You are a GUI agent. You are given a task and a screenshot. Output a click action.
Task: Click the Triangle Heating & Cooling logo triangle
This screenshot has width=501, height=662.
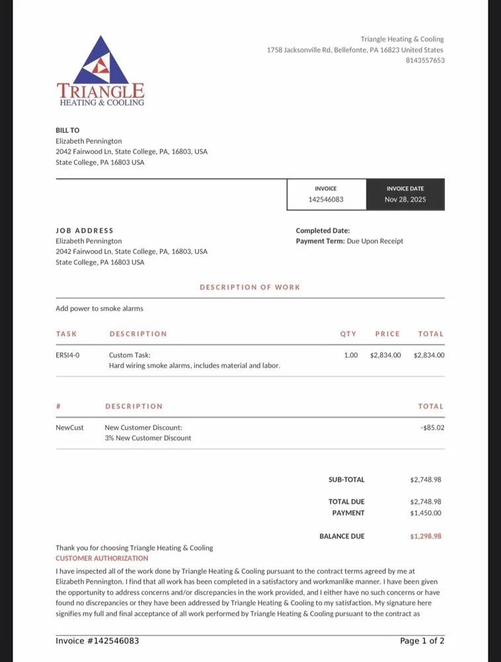[100, 61]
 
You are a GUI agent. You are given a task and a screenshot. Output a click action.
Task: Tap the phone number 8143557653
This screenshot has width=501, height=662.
[424, 60]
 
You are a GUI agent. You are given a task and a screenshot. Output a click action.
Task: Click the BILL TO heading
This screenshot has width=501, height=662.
[67, 130]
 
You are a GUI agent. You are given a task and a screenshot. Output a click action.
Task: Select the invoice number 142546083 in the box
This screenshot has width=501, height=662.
[326, 199]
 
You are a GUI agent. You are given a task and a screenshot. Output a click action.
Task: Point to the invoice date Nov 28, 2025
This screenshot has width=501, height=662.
[405, 199]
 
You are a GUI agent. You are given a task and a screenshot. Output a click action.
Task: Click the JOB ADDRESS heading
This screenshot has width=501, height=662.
[85, 230]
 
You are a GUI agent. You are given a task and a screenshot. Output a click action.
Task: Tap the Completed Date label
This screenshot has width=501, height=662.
[323, 230]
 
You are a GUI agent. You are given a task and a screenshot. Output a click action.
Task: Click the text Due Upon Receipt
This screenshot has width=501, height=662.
[375, 241]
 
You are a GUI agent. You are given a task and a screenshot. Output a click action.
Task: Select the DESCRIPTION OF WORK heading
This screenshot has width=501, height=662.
[250, 287]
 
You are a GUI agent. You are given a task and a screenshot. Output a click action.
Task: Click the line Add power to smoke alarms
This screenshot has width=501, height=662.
[99, 308]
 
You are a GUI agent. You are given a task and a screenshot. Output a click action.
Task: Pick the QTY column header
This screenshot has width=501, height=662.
[348, 334]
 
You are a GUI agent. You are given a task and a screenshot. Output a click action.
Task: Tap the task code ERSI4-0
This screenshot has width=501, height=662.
[67, 355]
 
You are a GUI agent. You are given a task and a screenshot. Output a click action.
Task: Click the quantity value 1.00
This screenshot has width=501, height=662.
[351, 355]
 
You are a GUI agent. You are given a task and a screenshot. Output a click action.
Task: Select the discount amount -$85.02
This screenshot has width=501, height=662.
[432, 428]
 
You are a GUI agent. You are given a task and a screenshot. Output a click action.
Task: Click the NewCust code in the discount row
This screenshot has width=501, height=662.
[69, 428]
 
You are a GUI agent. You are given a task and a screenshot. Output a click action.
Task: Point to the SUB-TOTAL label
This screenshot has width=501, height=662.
[346, 479]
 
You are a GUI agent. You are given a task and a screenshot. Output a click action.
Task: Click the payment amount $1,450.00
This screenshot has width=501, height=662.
[426, 512]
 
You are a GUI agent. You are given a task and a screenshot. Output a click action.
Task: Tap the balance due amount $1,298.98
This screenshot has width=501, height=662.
[426, 536]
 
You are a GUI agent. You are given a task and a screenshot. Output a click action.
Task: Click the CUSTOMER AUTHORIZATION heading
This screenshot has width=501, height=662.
[102, 558]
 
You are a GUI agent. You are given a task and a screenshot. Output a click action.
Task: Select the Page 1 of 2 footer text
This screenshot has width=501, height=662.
[422, 641]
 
